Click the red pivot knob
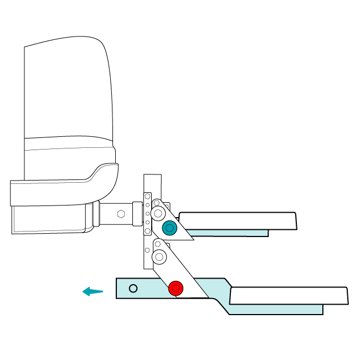[176, 288]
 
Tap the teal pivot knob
[169, 228]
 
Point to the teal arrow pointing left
[92, 291]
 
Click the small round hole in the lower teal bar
[133, 288]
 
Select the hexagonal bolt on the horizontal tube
[121, 213]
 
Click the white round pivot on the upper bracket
[159, 213]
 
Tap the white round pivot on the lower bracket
[159, 256]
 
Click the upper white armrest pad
[238, 220]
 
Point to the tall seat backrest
[66, 91]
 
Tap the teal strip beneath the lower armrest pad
[277, 309]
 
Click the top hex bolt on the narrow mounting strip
[148, 196]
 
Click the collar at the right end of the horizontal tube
[137, 214]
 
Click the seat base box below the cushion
[50, 219]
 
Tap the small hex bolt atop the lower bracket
[158, 244]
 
